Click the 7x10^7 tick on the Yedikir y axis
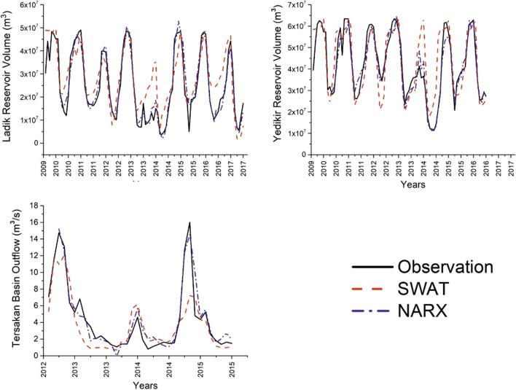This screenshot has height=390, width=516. pyautogui.click(x=297, y=5)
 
